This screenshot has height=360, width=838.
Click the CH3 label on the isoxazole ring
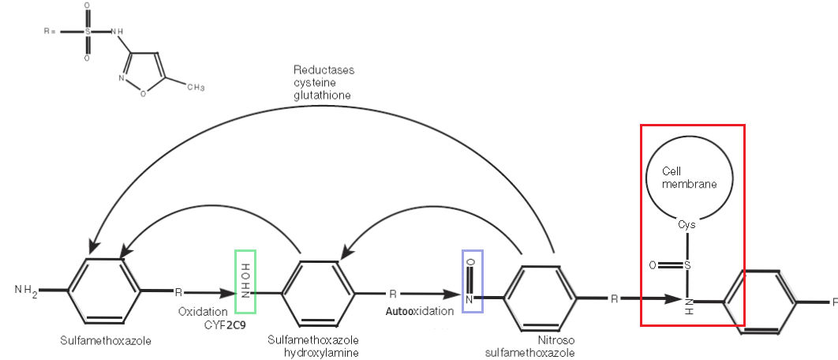point(195,87)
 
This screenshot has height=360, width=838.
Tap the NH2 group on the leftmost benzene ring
point(25,290)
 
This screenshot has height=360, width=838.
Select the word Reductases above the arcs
point(324,69)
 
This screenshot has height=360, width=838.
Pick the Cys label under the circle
point(687,224)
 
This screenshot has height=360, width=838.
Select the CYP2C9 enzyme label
point(225,324)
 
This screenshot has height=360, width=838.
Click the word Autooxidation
point(420,312)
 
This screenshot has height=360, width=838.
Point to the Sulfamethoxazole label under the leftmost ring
point(105,340)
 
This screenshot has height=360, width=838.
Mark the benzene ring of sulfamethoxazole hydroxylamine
point(320,294)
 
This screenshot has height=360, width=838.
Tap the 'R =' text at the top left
point(51,32)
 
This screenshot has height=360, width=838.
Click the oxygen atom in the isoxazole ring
point(143,93)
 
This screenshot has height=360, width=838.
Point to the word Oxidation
point(203,312)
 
